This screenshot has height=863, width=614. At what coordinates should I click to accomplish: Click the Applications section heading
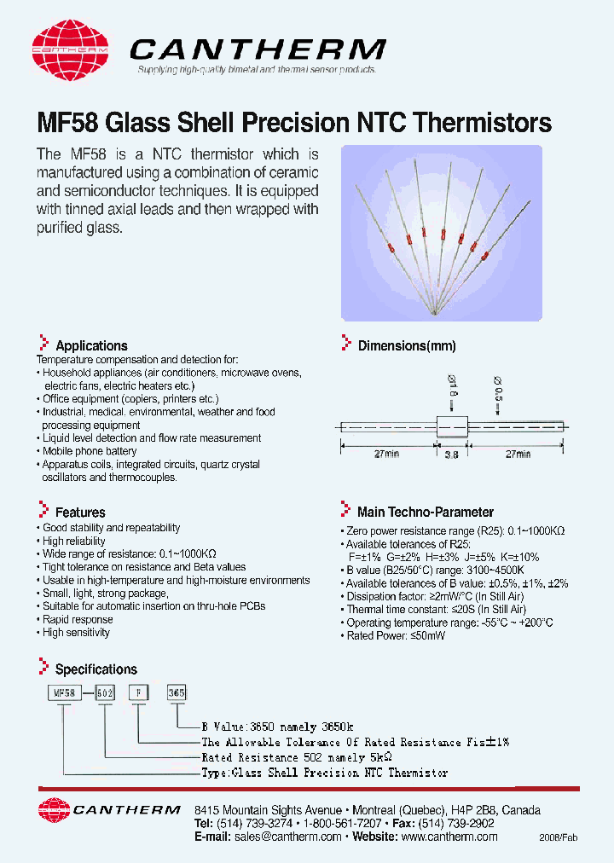(91, 345)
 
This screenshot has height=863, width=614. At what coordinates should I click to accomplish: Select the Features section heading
(80, 513)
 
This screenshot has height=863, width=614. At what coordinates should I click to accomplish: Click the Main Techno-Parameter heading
(425, 513)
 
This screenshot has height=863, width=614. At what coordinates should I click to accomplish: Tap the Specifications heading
(96, 669)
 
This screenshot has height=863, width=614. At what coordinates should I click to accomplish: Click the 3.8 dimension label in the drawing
(452, 455)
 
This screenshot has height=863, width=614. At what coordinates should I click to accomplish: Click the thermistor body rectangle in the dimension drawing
(452, 426)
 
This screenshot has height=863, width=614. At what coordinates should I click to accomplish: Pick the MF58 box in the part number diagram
(64, 692)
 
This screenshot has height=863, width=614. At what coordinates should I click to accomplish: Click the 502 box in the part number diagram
(105, 692)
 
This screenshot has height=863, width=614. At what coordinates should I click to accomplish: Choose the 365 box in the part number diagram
(176, 692)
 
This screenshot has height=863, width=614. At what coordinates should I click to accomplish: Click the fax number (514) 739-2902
(458, 824)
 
